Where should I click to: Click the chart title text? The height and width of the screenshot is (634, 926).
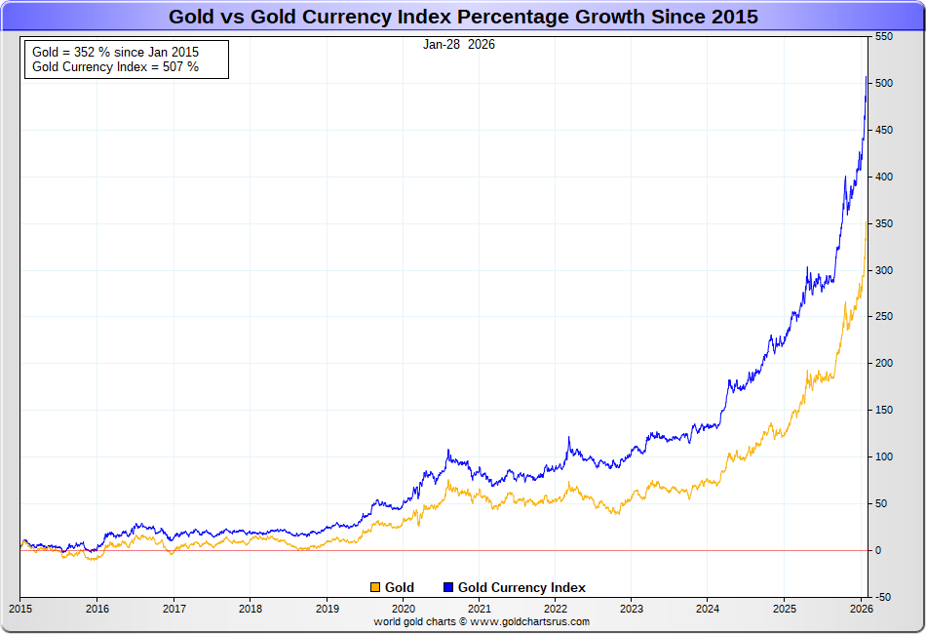463,17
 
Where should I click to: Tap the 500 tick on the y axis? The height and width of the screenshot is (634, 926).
883,84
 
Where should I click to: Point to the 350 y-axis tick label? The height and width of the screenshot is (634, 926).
883,223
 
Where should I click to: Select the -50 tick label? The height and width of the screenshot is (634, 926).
883,597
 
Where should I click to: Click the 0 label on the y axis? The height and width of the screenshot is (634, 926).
878,551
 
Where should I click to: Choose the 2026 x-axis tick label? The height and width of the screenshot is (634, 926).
862,608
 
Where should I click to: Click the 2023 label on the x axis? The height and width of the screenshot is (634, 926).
632,608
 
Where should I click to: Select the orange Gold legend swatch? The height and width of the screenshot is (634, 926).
375,587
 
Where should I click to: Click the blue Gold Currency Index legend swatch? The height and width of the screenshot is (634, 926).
448,587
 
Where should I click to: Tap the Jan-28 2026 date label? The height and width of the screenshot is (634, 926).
459,44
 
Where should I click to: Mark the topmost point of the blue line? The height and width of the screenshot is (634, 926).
867,76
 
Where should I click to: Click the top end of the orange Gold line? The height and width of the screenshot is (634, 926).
867,221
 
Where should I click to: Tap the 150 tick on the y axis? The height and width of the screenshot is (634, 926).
883,411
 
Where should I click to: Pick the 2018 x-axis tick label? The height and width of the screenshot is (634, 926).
250,608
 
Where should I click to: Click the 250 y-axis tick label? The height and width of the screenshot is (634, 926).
883,317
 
